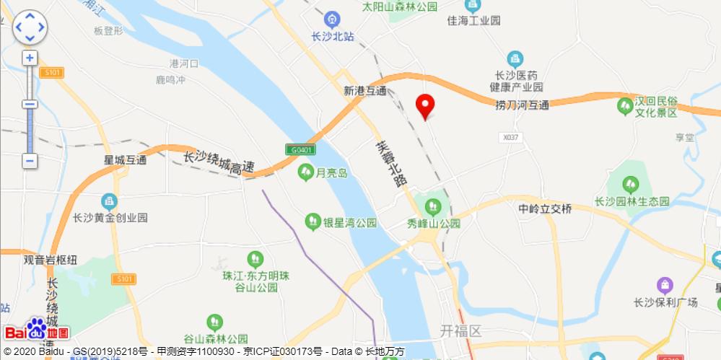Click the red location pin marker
tap(426, 106)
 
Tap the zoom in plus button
tap(30, 58)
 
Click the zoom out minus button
tap(30, 161)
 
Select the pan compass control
tap(30, 27)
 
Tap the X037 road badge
tap(510, 136)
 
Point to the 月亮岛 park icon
tap(305, 172)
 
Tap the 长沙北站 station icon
tap(332, 18)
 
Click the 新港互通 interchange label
tap(365, 92)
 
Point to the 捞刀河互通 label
tap(522, 105)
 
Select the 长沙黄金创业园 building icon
tap(110, 200)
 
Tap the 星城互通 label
tap(126, 159)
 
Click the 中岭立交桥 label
tap(545, 209)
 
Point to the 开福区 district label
tap(460, 331)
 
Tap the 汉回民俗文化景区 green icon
tap(625, 107)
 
